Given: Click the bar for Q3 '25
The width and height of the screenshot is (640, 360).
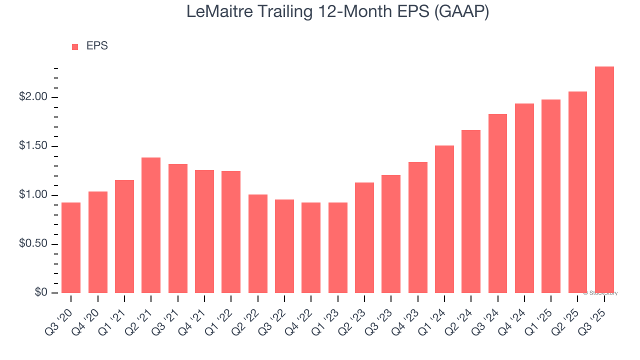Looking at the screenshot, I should click(x=604, y=180).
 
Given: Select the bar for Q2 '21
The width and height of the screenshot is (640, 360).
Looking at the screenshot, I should click(x=151, y=225).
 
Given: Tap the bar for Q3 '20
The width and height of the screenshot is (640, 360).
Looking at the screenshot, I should click(x=71, y=247).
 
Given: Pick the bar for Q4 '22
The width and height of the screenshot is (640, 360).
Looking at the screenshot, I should click(x=311, y=247).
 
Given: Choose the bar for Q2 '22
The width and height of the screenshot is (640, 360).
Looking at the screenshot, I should click(x=258, y=243).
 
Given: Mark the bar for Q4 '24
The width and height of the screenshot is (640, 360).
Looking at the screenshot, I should click(x=524, y=198).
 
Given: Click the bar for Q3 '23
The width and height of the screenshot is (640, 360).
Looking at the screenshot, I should click(x=391, y=234).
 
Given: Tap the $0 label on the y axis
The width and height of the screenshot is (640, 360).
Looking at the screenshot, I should click(x=41, y=293).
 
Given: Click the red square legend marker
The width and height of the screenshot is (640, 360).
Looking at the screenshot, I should click(x=75, y=47).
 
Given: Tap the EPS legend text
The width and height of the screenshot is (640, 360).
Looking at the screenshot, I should click(x=97, y=46).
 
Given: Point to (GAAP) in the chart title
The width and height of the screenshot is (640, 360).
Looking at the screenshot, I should click(x=461, y=12).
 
